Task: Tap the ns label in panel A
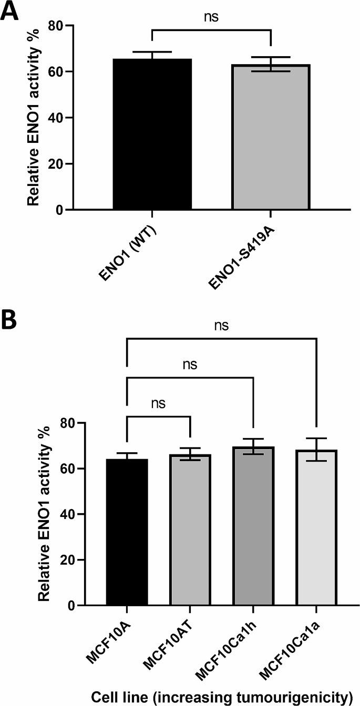tap(211, 17)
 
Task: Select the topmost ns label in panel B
tap(221, 326)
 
